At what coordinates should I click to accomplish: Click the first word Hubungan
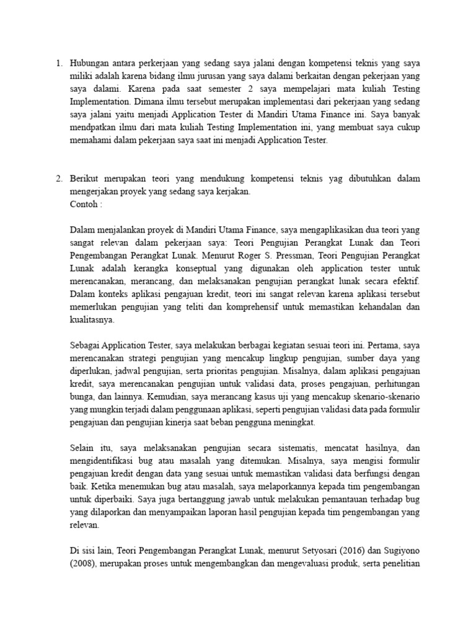(x=92, y=63)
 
